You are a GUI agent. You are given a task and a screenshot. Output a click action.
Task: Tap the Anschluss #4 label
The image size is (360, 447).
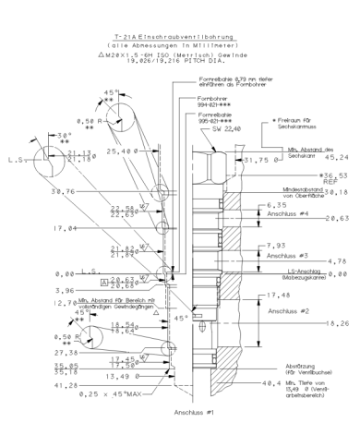[x=277, y=212]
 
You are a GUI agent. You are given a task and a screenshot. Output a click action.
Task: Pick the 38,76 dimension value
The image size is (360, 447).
[x=40, y=191]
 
